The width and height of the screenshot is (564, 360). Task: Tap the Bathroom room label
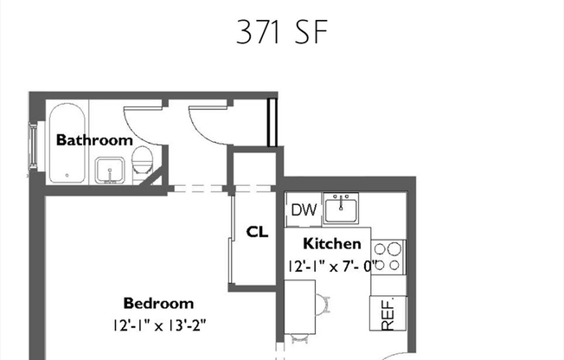tap(94, 139)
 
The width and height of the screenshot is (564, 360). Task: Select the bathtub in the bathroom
tap(66, 143)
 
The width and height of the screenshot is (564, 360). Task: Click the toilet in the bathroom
tap(143, 160)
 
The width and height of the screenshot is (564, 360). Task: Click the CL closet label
tap(257, 232)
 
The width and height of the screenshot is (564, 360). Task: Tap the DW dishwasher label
tap(303, 209)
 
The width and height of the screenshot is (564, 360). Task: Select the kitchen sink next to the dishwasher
tap(343, 209)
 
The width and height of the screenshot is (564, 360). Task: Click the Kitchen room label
tap(331, 244)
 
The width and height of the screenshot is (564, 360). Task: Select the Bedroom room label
tap(158, 304)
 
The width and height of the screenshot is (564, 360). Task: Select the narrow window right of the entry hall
tap(272, 124)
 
